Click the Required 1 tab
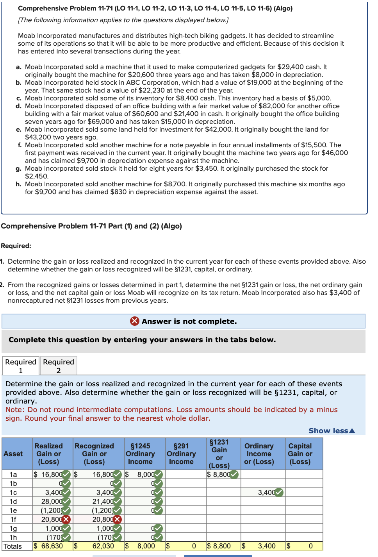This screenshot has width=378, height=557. coord(21,366)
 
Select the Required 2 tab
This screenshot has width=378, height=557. coord(59,366)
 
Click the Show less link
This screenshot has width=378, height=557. coord(332,430)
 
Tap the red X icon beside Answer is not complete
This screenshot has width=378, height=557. coord(135,321)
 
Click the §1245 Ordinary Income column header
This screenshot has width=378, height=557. coord(140,453)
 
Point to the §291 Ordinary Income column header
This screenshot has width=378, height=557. coord(181,453)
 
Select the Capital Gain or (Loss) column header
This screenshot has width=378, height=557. coord(300,453)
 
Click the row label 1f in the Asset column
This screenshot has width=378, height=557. coord(13,519)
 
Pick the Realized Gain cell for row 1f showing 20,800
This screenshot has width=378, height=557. coord(51,519)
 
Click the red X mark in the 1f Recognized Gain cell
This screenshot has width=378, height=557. coord(117,519)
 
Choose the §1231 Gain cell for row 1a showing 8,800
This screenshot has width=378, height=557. coord(221,475)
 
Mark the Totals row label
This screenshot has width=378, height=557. coord(13,546)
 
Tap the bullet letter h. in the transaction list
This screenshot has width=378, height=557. coord(18,184)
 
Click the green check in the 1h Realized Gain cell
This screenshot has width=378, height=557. coord(66,537)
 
